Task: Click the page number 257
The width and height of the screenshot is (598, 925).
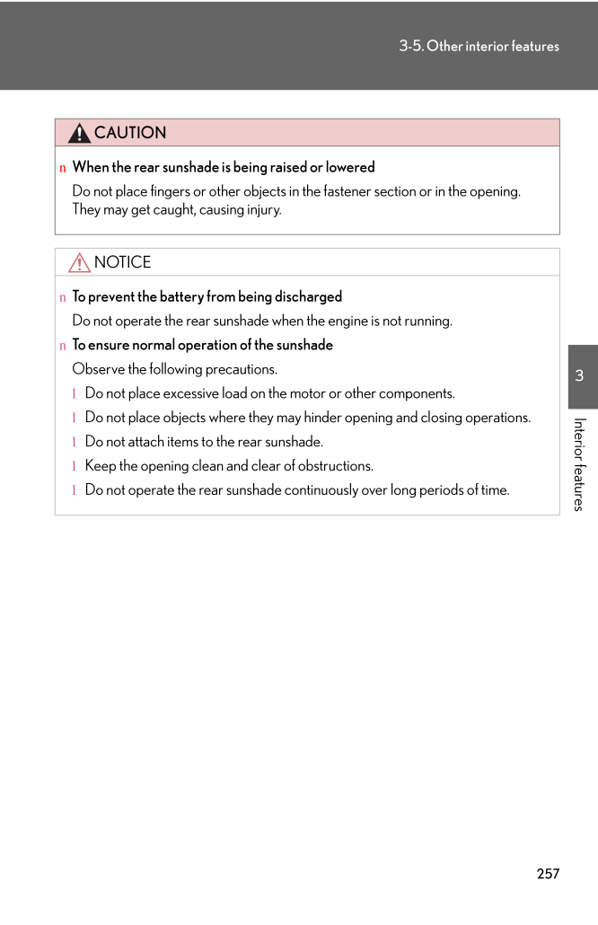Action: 548,874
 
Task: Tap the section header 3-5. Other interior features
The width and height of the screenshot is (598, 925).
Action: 479,46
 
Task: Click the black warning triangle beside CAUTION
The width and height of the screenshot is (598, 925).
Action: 79,134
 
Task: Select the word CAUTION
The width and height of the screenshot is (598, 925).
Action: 130,133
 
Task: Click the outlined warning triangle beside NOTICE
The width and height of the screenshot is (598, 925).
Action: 79,262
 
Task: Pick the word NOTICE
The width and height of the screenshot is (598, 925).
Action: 122,262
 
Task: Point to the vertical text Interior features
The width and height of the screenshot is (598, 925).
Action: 580,464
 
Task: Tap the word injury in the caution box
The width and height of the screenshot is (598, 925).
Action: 261,210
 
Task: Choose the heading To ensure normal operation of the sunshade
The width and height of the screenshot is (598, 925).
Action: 202,345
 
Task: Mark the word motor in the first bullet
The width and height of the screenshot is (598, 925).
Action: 289,393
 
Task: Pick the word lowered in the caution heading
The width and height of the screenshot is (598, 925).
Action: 350,167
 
